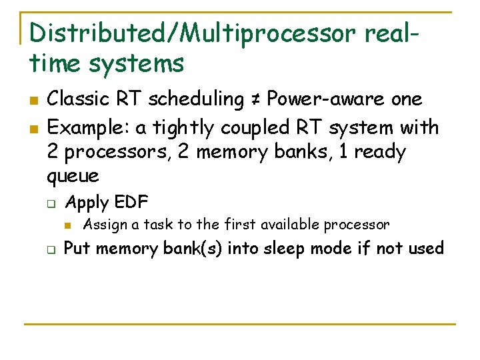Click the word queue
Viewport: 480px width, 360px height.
[x=73, y=176]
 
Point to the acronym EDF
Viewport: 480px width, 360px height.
[x=131, y=202]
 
